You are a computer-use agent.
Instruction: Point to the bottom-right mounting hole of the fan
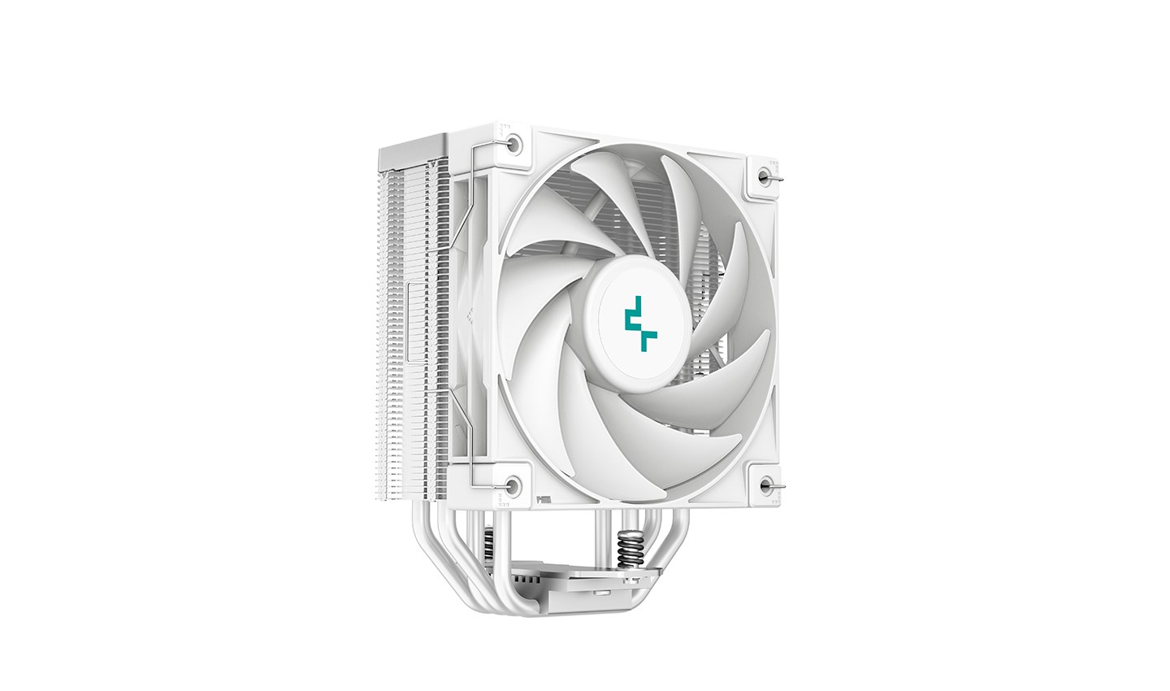tap(765, 485)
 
